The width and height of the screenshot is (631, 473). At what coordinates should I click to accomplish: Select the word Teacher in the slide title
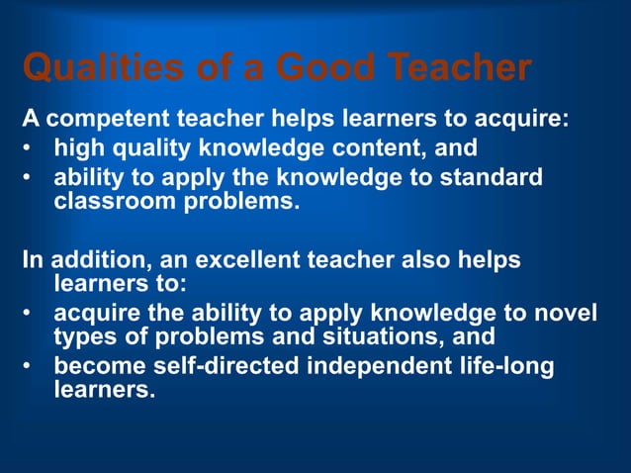461,69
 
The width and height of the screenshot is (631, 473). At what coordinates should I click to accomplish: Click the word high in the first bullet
78,149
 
